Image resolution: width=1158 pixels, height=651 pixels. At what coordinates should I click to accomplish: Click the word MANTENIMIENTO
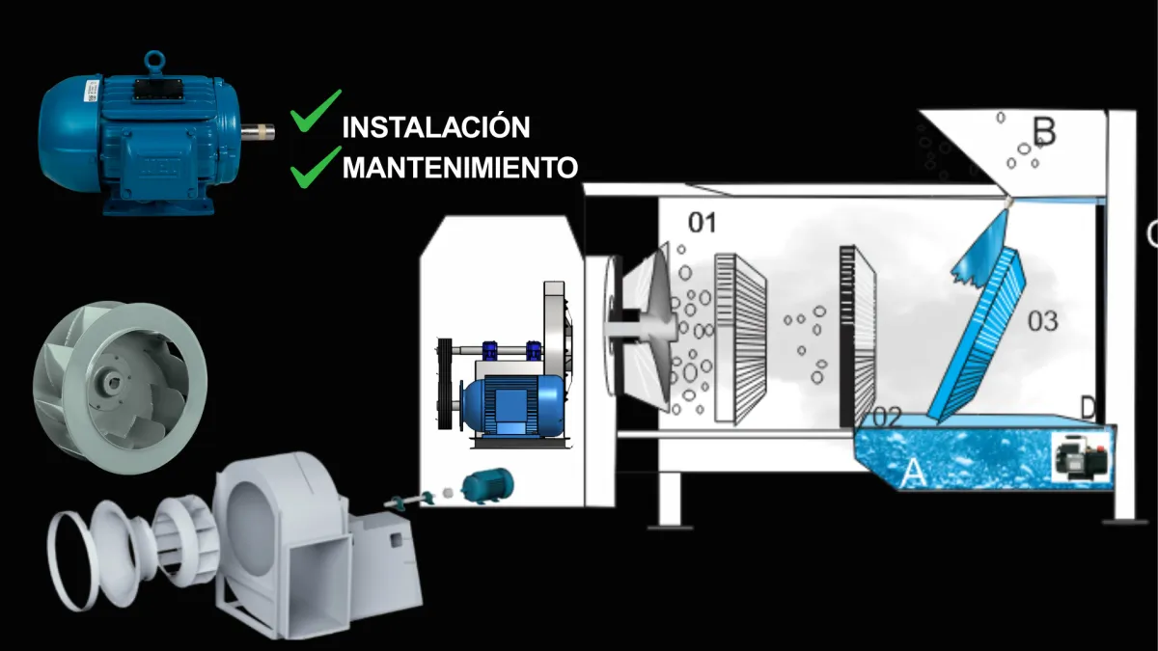[460, 167]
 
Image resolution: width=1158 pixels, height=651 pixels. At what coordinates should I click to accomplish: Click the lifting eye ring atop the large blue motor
[154, 62]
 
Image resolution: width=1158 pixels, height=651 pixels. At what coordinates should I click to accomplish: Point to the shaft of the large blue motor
[258, 131]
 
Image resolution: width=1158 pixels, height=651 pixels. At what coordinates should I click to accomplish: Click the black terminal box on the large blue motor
[157, 95]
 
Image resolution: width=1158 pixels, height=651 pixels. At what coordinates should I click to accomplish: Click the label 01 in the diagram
[703, 223]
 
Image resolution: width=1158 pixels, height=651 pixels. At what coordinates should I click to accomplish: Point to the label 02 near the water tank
[887, 417]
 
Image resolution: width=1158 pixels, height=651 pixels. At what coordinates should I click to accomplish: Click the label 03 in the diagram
[1043, 321]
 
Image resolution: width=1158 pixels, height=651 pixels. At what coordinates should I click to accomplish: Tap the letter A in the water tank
[913, 473]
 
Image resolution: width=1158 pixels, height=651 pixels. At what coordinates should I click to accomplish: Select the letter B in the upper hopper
[1044, 131]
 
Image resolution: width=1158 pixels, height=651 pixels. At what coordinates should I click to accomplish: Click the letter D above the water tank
[1088, 408]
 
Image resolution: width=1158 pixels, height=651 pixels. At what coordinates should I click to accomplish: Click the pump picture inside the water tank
[1081, 457]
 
